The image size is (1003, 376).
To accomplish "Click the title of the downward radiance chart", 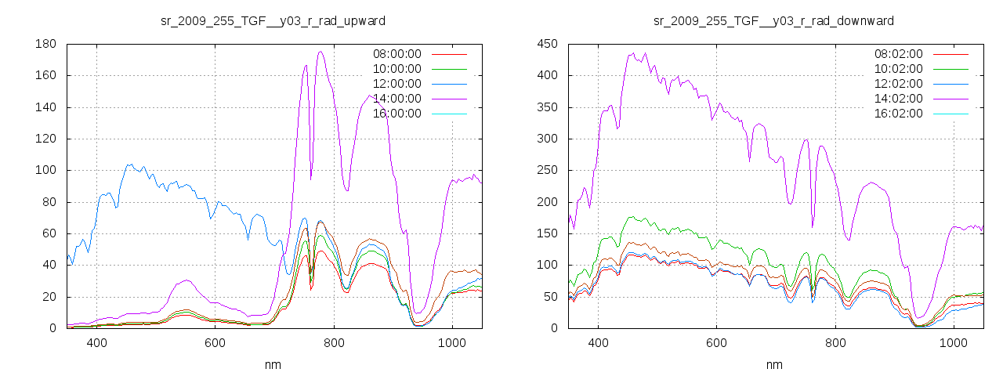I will coord(773,20).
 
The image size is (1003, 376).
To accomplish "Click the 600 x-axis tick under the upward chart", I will coord(215,343).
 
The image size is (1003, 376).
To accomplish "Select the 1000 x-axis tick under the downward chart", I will coord(953,343).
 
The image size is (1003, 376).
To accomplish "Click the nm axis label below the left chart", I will coord(273,365).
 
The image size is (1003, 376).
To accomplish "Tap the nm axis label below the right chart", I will coord(774,365).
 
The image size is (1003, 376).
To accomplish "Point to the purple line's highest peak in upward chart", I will coord(320,52).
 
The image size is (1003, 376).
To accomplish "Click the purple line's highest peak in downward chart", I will coord(632,53).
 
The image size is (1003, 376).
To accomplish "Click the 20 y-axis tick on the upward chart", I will coord(49,297).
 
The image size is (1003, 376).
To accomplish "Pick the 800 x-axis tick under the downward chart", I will coord(835,343).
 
